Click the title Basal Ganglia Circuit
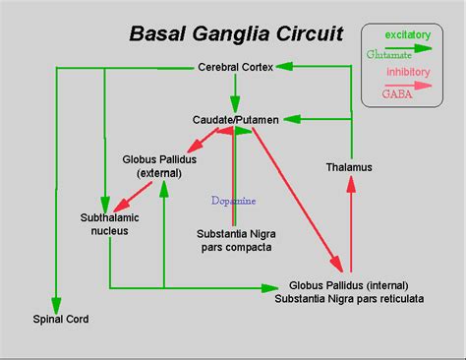click(236, 34)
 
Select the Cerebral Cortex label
click(235, 67)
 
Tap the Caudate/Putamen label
click(235, 119)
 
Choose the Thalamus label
click(349, 167)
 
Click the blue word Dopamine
click(233, 200)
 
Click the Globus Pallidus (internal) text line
click(351, 284)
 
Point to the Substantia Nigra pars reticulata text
click(350, 298)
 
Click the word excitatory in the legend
click(406, 35)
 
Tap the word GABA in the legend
click(397, 93)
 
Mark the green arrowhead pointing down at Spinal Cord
click(57, 299)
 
